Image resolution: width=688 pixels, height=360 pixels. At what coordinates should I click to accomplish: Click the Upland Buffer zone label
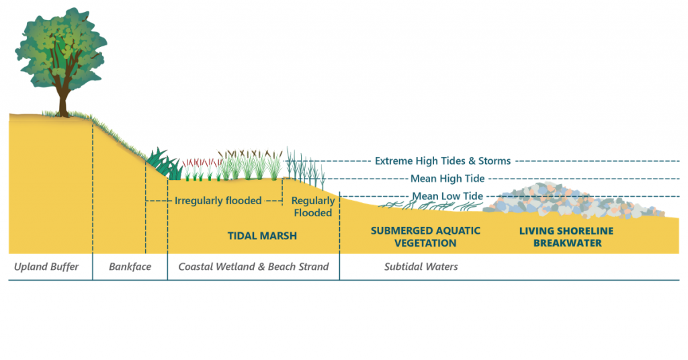[46, 267]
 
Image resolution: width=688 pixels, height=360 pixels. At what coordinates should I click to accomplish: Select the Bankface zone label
[130, 267]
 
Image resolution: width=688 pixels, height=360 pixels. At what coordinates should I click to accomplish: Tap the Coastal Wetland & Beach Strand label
[253, 267]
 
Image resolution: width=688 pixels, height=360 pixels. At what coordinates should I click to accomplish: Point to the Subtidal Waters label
[421, 267]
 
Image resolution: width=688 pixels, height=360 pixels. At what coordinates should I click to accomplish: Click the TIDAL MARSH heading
[262, 236]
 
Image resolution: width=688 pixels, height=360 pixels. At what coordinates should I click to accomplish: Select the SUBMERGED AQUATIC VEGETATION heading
[425, 236]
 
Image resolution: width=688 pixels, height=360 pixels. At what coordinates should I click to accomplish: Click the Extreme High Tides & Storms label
[443, 161]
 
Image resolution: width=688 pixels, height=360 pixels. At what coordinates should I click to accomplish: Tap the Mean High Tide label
[447, 179]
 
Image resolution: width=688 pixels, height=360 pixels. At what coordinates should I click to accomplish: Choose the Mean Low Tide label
[447, 196]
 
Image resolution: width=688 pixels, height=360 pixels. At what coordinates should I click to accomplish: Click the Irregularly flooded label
[218, 201]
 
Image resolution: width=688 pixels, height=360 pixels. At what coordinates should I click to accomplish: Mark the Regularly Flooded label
[312, 207]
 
